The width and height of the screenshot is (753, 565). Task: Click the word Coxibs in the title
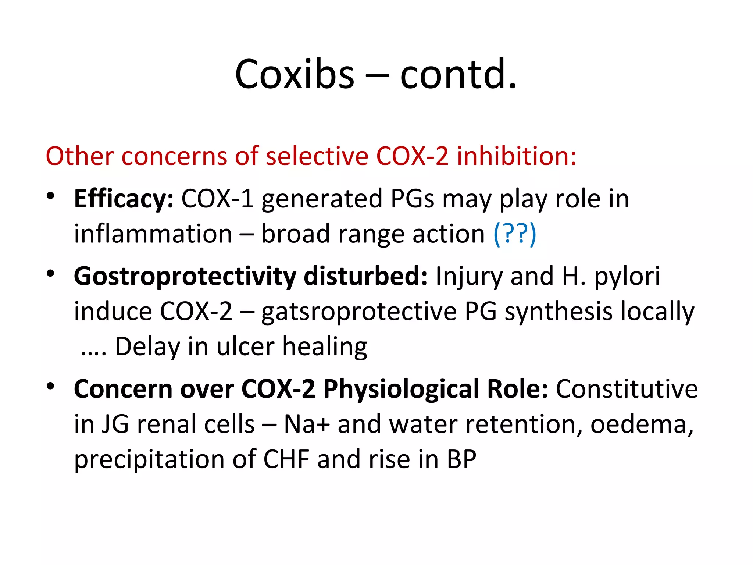[x=295, y=75]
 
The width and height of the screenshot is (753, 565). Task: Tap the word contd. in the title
[x=458, y=75]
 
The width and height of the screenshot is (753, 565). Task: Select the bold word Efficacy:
[x=124, y=199]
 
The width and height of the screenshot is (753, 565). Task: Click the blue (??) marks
[x=515, y=234]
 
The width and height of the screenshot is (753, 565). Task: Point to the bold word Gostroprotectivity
[x=185, y=277]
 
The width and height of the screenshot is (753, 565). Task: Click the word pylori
[x=627, y=277]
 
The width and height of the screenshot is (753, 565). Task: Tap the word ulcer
[x=245, y=347]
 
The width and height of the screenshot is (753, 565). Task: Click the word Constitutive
[x=627, y=389]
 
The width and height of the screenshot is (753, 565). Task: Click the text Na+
[x=307, y=424]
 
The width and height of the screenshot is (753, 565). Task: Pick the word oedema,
[x=642, y=424]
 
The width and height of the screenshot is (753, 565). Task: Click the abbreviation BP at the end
[x=461, y=459]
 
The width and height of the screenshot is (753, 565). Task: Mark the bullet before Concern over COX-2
[x=50, y=386]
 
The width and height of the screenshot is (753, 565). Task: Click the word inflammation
[x=153, y=234]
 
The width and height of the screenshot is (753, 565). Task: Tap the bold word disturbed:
[x=365, y=277]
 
